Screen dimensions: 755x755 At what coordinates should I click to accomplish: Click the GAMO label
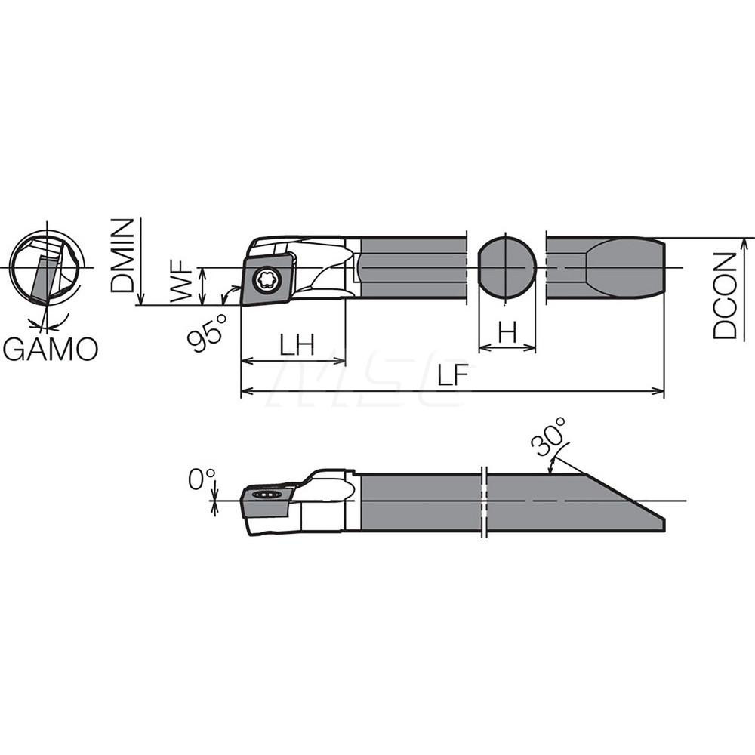pos(50,350)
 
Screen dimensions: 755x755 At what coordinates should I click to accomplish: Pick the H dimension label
pos(507,332)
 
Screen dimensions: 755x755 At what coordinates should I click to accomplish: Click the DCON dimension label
pos(726,295)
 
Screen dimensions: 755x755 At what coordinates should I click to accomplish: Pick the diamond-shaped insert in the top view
pos(267,277)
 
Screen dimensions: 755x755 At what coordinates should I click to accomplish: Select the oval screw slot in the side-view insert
pos(266,495)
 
